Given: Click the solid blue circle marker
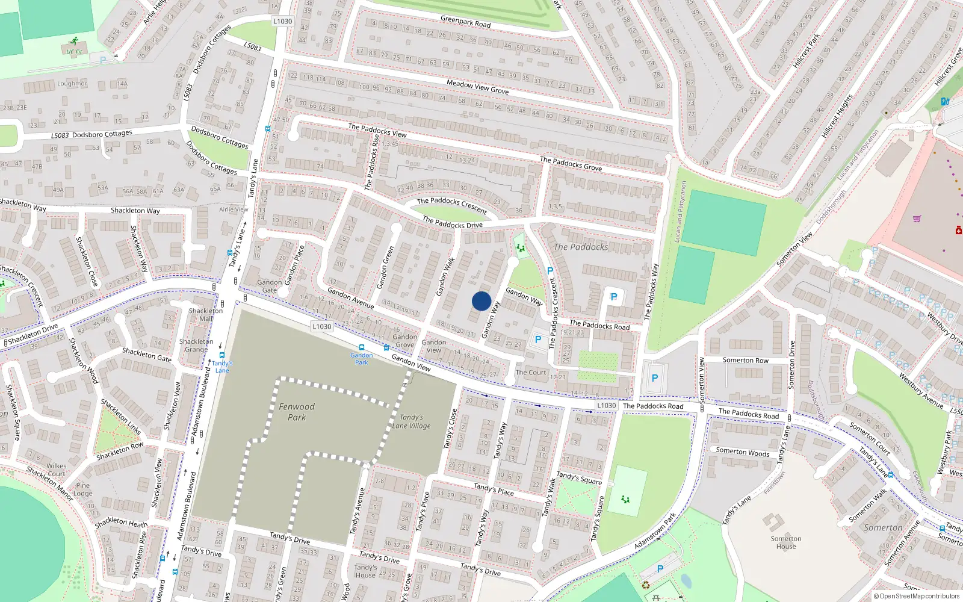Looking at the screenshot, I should (482, 301).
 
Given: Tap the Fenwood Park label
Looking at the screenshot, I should (297, 412).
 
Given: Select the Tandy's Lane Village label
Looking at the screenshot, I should (412, 421).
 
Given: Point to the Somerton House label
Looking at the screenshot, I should (786, 542).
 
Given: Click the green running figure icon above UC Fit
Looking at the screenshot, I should (74, 42).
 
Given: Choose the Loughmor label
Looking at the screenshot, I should (72, 84).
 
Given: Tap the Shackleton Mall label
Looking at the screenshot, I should (206, 315).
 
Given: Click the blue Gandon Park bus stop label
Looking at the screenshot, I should (362, 359).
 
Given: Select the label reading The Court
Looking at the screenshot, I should (531, 373).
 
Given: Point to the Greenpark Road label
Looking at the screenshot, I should (465, 22).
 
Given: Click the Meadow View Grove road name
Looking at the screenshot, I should (477, 87).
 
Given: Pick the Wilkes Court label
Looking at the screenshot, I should (57, 470).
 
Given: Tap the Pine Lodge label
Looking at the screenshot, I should (83, 489).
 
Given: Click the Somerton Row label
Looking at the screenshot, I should (745, 360).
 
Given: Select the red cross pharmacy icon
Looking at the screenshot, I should (959, 230).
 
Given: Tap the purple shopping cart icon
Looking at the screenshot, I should (917, 219).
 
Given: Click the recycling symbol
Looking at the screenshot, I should (646, 585).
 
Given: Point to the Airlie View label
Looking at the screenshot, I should (234, 209).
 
